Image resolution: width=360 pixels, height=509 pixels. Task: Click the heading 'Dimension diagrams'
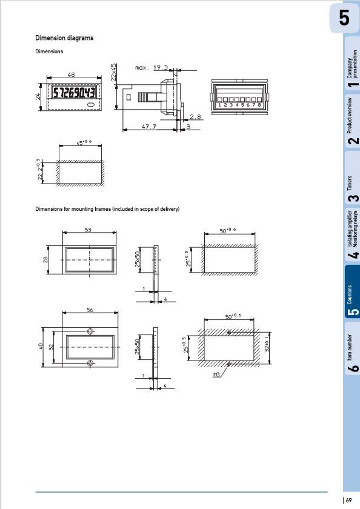(64, 38)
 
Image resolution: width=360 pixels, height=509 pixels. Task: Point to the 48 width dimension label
(71, 75)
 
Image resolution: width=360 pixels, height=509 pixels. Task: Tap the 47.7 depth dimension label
(148, 127)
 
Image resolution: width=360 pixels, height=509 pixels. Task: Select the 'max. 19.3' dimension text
(151, 68)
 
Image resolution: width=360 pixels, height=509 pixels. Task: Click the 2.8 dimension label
(195, 116)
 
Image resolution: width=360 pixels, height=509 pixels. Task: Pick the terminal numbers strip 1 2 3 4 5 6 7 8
(239, 105)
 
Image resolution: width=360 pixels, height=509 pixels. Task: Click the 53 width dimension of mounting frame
(88, 230)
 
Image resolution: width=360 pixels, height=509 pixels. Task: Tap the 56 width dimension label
(90, 310)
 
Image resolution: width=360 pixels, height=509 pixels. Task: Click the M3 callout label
(216, 376)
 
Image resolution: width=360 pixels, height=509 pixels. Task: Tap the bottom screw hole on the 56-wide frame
(90, 362)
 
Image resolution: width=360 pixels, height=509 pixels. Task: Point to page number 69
(351, 500)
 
